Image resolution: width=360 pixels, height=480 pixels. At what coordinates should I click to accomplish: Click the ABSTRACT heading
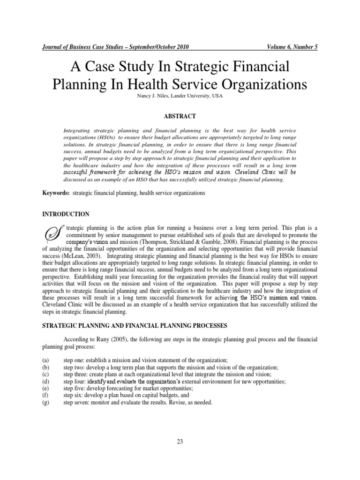point(180,116)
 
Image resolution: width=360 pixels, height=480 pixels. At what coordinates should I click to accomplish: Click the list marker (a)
point(46,360)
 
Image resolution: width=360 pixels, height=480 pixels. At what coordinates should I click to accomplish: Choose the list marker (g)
point(46,402)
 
